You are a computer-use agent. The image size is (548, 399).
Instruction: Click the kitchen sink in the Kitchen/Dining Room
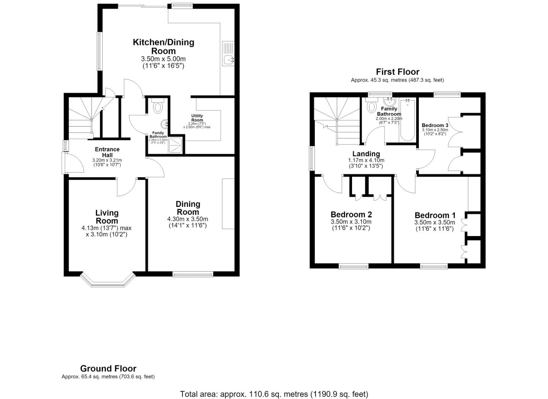click(x=228, y=54)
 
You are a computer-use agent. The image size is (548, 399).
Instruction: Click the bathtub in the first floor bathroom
click(x=407, y=120)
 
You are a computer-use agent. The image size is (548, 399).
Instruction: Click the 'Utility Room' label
click(x=197, y=118)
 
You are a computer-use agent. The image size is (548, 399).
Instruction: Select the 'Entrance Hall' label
click(x=107, y=152)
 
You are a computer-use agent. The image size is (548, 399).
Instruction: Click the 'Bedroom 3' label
click(x=435, y=125)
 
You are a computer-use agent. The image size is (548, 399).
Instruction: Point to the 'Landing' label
click(x=366, y=154)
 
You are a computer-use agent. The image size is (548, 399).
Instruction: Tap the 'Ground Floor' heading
click(x=108, y=368)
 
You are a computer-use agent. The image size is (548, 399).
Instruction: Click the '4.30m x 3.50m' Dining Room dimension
click(x=187, y=219)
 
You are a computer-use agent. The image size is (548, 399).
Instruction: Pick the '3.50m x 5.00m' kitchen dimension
click(x=163, y=59)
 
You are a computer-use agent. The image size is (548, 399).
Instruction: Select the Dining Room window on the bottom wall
click(x=193, y=274)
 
